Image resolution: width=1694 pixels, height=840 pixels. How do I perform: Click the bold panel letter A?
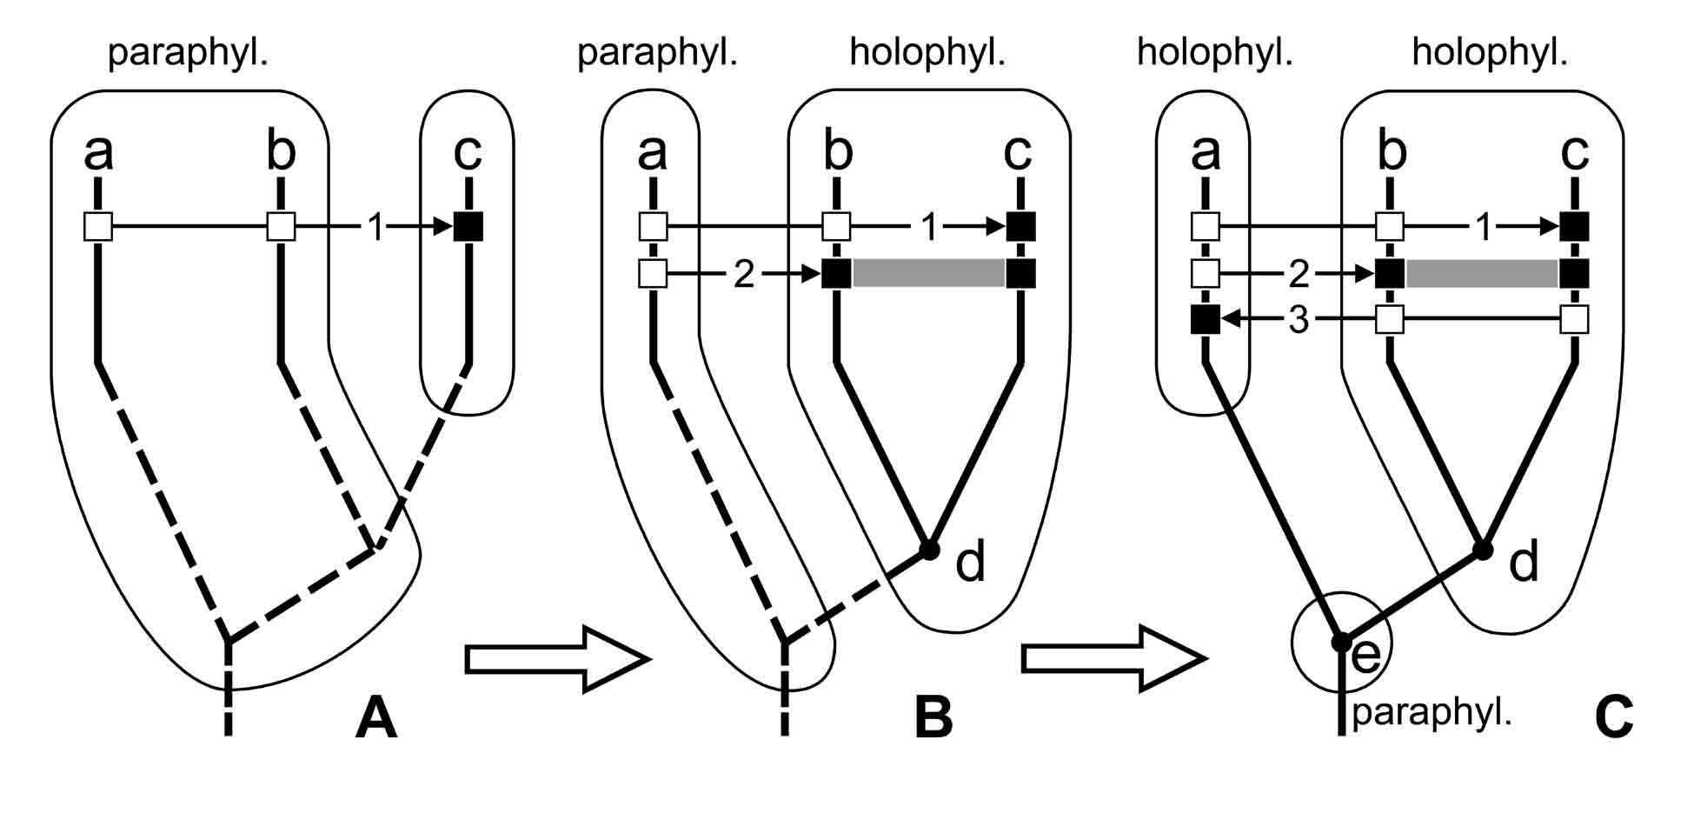tap(375, 718)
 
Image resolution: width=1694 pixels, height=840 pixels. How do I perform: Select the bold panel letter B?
tap(933, 718)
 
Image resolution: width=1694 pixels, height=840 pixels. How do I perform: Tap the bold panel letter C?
tap(1614, 718)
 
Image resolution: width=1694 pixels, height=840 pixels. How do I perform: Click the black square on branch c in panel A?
tap(468, 227)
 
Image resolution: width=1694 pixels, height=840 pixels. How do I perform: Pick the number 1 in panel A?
tap(375, 228)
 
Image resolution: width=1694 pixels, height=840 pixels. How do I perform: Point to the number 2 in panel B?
tap(744, 274)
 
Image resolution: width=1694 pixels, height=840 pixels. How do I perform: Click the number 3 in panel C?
tap(1299, 320)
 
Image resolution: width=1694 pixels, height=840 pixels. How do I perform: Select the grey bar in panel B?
tap(928, 273)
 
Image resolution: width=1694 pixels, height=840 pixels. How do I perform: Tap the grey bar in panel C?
tap(1482, 273)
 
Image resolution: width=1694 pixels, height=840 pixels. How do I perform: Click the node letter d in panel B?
tap(970, 563)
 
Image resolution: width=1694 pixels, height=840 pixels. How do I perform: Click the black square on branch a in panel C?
tap(1205, 320)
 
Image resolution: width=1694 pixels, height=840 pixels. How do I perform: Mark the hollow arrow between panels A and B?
tap(556, 659)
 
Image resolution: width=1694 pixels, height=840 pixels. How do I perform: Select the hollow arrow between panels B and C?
tap(1113, 659)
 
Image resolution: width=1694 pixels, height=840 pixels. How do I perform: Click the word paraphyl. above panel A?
tap(188, 53)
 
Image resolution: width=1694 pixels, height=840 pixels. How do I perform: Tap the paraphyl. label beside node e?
tap(1432, 712)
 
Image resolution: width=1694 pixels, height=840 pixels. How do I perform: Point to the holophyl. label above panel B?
tap(927, 53)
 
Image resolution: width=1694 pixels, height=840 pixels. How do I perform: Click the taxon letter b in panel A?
tap(281, 150)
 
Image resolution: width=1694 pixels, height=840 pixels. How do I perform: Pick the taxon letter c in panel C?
tap(1575, 150)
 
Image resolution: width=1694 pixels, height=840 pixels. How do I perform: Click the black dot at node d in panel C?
tap(1483, 550)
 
